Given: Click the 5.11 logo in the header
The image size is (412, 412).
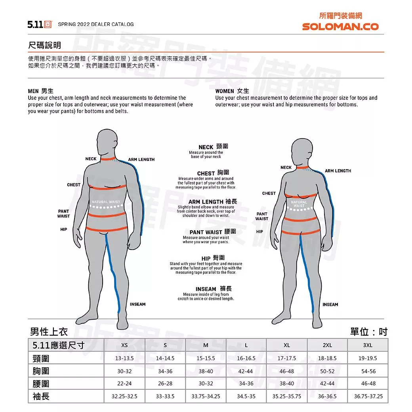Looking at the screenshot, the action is pos(40,25).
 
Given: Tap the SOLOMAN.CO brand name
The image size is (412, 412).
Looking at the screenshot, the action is pos(340,27).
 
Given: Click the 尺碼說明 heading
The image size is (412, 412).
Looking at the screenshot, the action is pos(44,45).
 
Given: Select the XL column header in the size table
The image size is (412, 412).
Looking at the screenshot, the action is pos(287,345).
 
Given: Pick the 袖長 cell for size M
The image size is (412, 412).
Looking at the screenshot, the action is pos(206,396).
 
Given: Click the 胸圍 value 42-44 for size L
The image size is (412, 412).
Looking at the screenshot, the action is pos(245,371).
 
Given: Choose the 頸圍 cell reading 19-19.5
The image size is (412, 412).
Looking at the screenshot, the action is pos(368,358).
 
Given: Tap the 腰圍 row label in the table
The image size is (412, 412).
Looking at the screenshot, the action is pos(41,383).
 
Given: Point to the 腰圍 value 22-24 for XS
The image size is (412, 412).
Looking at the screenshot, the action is pos(124,383).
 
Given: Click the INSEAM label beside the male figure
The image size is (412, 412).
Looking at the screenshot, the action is pos(138,304).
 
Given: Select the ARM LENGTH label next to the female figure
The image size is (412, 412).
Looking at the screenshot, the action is pos(338,171).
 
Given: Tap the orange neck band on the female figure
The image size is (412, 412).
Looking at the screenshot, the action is pos(302,167).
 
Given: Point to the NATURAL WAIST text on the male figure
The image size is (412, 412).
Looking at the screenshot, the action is pos(106,202).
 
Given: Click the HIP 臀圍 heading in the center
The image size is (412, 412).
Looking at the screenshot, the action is pos(213,258).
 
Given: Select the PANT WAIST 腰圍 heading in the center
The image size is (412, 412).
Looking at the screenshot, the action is pos(213,232).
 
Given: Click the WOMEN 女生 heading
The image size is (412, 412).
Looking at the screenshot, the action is pos(232,91).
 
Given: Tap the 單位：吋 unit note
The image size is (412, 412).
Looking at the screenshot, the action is pos(369,332).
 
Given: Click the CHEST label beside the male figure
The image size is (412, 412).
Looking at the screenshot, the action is pos(74,185).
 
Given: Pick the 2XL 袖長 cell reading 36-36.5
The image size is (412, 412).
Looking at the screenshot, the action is pos(327,396).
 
